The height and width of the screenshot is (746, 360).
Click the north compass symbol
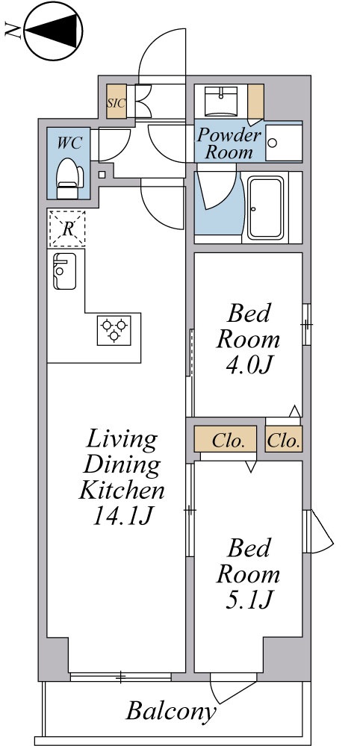[53, 31]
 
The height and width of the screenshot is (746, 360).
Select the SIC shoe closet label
[116, 102]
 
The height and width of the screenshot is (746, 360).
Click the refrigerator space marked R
[67, 229]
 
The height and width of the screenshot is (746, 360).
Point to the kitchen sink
[64, 271]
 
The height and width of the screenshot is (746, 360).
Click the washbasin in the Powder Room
[221, 102]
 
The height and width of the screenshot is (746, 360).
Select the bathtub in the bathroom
[265, 208]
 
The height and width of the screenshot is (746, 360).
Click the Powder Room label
[229, 143]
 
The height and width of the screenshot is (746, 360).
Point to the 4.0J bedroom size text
[248, 365]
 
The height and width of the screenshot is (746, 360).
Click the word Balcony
[171, 712]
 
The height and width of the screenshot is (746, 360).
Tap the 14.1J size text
[122, 516]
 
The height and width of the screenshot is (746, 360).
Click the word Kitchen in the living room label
[122, 490]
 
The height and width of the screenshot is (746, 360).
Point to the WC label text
[69, 143]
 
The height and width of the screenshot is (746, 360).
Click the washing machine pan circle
[273, 142]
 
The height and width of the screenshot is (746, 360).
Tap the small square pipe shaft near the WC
[102, 175]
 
